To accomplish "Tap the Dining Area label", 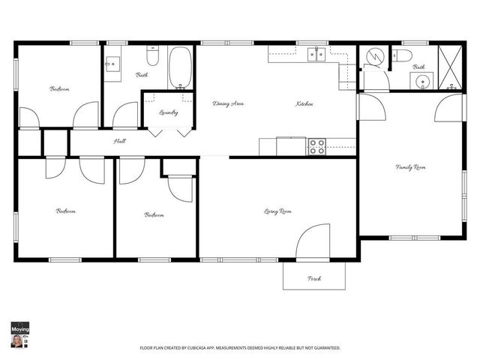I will pos(228,103).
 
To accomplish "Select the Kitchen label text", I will pos(304,103).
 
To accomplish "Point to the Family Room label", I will pos(410,166).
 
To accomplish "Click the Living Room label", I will pos(277,211).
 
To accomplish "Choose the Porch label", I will pos(314,278).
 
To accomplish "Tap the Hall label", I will pos(119,141).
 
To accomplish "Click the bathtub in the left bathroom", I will pos(180,67).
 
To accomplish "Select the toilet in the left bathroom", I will pos(152,55).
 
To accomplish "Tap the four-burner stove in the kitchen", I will pos(316,146).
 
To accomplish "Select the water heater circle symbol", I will pos(373,57).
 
